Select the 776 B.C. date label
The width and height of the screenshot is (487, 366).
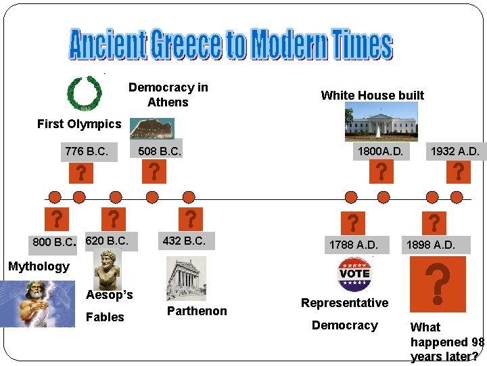(86, 151)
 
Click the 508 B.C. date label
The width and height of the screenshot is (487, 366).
(160, 151)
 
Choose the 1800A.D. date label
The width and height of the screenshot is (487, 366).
(381, 152)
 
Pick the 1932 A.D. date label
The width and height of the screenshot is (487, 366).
(455, 152)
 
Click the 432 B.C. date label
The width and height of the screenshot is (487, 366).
(184, 241)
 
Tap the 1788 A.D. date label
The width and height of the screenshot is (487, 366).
(353, 244)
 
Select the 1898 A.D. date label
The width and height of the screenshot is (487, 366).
(430, 244)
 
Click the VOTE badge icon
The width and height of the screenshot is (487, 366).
(354, 274)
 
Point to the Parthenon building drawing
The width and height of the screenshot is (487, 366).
(186, 278)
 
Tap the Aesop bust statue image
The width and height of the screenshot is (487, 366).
(107, 268)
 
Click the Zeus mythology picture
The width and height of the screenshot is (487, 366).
(37, 303)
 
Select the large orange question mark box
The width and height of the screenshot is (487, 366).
(438, 283)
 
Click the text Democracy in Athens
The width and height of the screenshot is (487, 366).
(168, 95)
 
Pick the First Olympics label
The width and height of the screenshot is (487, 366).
(79, 123)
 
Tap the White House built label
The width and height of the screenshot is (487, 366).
(372, 95)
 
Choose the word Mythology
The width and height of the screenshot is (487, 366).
(39, 266)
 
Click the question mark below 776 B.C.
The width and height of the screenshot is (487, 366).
(81, 173)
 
